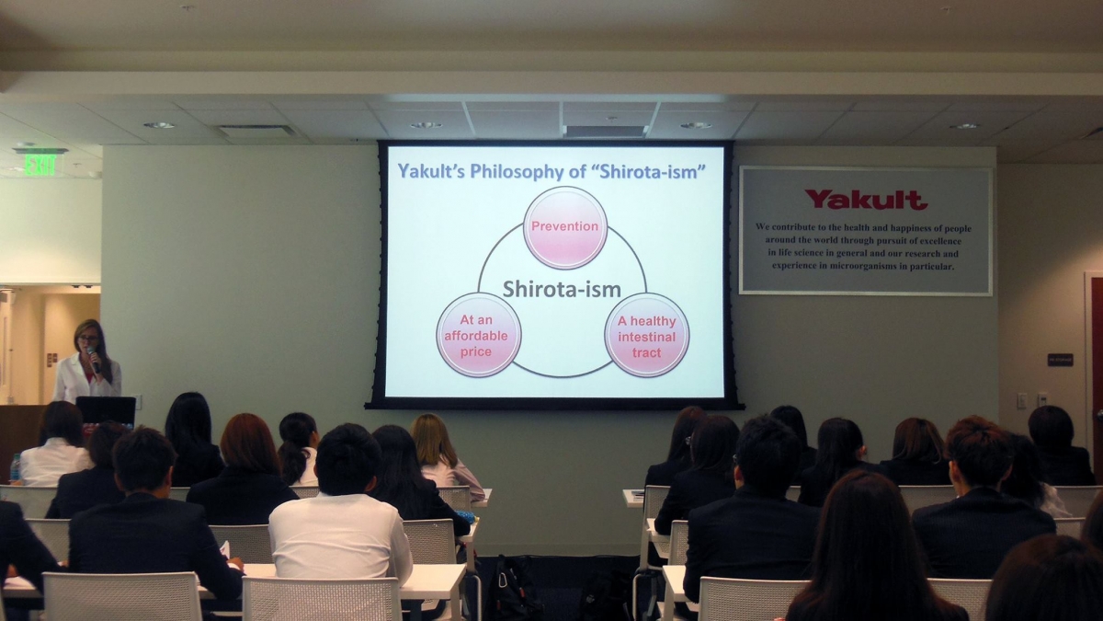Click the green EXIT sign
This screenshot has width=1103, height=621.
click(40, 165)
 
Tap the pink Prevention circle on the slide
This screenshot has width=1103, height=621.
click(564, 228)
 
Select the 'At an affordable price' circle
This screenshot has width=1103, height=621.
click(478, 335)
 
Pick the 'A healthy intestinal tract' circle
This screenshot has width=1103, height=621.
click(646, 336)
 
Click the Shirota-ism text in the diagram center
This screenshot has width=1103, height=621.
click(562, 289)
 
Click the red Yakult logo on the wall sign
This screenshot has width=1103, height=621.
click(866, 200)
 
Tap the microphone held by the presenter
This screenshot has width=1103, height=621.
click(94, 359)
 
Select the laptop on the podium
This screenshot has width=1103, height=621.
click(106, 411)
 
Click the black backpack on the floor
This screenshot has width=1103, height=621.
click(513, 588)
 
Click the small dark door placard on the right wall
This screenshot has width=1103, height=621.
click(1060, 360)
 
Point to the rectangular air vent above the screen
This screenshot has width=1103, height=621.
click(606, 131)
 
